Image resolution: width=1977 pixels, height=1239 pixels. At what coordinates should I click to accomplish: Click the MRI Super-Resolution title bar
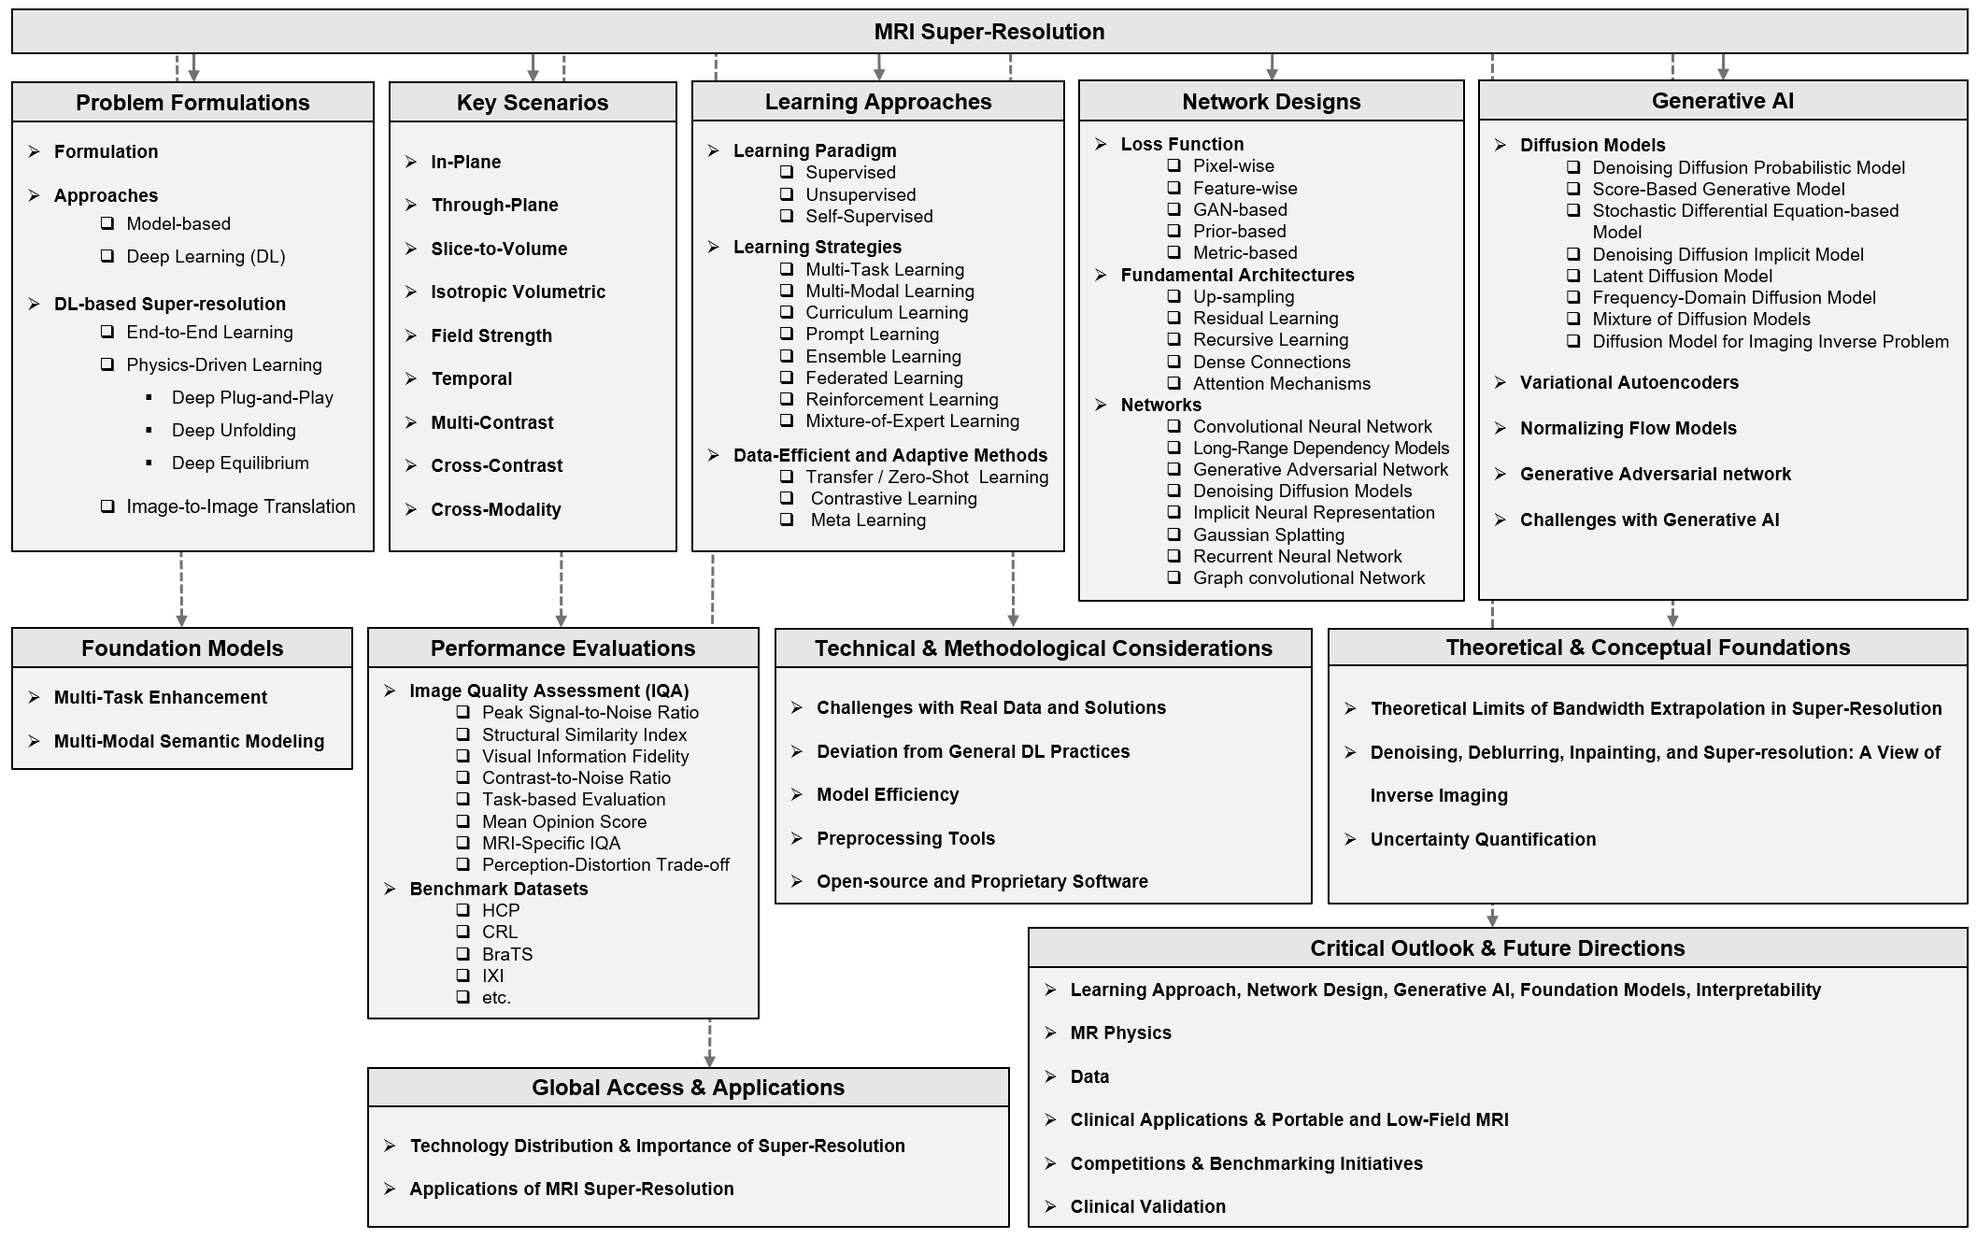pyautogui.click(x=988, y=32)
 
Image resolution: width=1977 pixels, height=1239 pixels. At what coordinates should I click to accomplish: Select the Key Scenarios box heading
pyautogui.click(x=532, y=103)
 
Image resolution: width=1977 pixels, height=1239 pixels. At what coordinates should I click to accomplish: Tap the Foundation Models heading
pyautogui.click(x=182, y=648)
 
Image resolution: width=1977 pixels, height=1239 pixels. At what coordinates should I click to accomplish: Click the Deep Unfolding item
pyautogui.click(x=234, y=431)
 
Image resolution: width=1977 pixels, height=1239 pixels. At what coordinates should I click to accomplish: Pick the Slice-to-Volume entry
pyautogui.click(x=499, y=249)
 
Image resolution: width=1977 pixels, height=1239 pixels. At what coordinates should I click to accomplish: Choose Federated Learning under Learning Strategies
pyautogui.click(x=884, y=378)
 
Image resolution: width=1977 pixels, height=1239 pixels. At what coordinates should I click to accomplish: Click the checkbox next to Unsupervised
pyautogui.click(x=788, y=194)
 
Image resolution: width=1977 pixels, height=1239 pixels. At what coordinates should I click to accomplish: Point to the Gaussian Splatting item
pyautogui.click(x=1268, y=535)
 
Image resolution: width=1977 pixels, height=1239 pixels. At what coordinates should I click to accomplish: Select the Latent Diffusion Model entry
pyautogui.click(x=1682, y=277)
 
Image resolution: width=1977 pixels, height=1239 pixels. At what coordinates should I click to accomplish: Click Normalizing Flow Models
pyautogui.click(x=1628, y=429)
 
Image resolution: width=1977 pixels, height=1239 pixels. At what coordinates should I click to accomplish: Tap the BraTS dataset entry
pyautogui.click(x=507, y=954)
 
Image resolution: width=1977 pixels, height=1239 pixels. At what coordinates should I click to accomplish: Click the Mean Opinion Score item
pyautogui.click(x=563, y=822)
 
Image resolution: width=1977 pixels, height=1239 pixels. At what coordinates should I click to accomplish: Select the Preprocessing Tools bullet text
pyautogui.click(x=905, y=839)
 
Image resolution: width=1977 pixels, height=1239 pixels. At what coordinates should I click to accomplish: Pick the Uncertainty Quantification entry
pyautogui.click(x=1483, y=840)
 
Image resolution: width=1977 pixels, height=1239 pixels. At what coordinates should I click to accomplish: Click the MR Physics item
pyautogui.click(x=1120, y=1033)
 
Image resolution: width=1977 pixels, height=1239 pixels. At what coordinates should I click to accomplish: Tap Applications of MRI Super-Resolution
pyautogui.click(x=571, y=1189)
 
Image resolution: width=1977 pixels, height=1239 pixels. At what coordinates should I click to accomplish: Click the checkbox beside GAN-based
pyautogui.click(x=1174, y=209)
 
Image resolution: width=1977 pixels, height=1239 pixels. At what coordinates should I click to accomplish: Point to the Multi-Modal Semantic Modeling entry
pyautogui.click(x=189, y=742)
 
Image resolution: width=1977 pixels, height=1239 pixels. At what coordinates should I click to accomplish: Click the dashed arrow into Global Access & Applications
pyautogui.click(x=709, y=1044)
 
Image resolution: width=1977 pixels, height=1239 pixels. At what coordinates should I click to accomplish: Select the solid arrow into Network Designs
pyautogui.click(x=1272, y=67)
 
